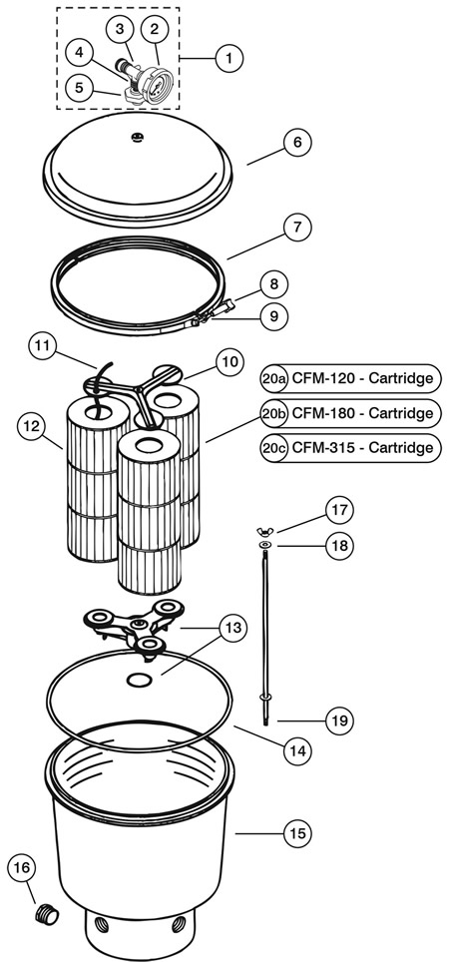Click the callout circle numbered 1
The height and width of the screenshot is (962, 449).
(228, 59)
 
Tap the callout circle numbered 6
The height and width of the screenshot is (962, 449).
(297, 143)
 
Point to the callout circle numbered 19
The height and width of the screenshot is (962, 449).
(340, 721)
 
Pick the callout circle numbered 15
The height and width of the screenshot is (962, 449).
(297, 833)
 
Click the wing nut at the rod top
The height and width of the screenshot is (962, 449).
(265, 531)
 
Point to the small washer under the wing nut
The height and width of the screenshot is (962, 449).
(265, 545)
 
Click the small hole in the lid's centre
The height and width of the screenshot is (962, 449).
(136, 138)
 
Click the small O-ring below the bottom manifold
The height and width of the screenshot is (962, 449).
(139, 680)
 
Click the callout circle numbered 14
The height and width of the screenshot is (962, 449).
(298, 749)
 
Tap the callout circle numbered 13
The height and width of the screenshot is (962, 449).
(233, 630)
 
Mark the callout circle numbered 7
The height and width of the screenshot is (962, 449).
(297, 228)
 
